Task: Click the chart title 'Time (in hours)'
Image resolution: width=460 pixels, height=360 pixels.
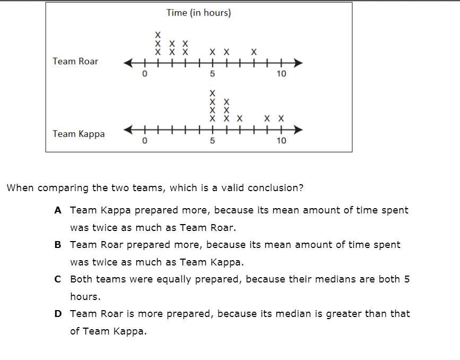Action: point(198,13)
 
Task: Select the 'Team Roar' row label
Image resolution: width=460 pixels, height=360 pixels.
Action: point(75,61)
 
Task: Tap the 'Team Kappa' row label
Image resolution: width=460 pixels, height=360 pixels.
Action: point(79,134)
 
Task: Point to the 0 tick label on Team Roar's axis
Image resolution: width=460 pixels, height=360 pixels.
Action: point(144,74)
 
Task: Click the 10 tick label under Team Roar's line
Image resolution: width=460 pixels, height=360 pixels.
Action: point(281,74)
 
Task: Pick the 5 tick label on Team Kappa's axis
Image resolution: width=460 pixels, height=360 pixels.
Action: point(212,141)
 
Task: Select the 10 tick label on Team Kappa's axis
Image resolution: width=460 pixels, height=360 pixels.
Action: point(281,141)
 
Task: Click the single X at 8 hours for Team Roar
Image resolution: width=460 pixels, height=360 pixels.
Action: point(254,52)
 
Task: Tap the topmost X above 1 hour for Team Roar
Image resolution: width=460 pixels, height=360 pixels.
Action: point(158,35)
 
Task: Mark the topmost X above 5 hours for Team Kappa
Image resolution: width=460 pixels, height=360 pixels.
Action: point(212,93)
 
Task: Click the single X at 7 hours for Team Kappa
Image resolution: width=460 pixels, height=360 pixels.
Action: point(240,118)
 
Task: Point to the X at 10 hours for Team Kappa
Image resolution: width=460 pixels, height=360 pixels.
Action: point(281,118)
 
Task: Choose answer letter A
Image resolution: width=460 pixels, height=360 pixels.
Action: point(58,210)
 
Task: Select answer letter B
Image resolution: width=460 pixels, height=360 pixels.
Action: point(58,245)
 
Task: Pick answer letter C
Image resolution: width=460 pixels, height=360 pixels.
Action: point(58,279)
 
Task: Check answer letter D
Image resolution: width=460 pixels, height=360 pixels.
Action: point(58,314)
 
